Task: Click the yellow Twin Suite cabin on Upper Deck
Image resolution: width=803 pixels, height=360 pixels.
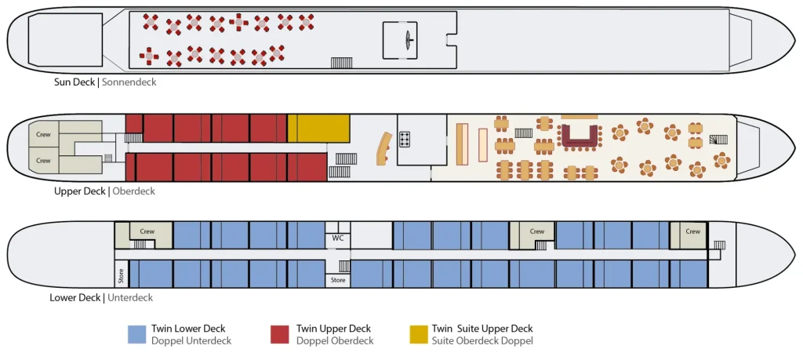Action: tap(318, 128)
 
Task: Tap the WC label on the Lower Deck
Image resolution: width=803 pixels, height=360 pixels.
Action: tap(337, 238)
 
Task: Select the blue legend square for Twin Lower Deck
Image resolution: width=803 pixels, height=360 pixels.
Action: tap(136, 334)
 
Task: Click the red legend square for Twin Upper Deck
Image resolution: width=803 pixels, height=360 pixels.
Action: tap(279, 334)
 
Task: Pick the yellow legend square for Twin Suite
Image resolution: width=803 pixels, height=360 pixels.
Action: tap(419, 334)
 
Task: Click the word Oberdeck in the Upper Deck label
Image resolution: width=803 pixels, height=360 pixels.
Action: tap(134, 191)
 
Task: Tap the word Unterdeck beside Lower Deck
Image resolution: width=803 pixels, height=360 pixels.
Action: tap(130, 297)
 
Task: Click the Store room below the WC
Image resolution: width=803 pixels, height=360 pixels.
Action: tap(338, 279)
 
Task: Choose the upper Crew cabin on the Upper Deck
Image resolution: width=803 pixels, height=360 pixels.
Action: tap(44, 135)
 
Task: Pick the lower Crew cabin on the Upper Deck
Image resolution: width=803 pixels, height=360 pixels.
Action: tap(44, 160)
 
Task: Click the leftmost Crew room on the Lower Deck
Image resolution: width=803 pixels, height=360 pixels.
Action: tap(147, 231)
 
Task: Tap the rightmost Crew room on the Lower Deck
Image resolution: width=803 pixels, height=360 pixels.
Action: tap(692, 231)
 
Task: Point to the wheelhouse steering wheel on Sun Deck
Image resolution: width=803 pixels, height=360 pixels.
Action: tap(407, 38)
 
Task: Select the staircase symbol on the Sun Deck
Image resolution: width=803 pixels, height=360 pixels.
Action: tap(341, 63)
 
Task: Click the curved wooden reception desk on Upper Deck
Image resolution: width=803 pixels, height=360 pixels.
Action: tap(384, 147)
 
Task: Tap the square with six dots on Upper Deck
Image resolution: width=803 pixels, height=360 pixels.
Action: tap(406, 140)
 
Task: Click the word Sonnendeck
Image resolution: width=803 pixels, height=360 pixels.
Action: tap(129, 82)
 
